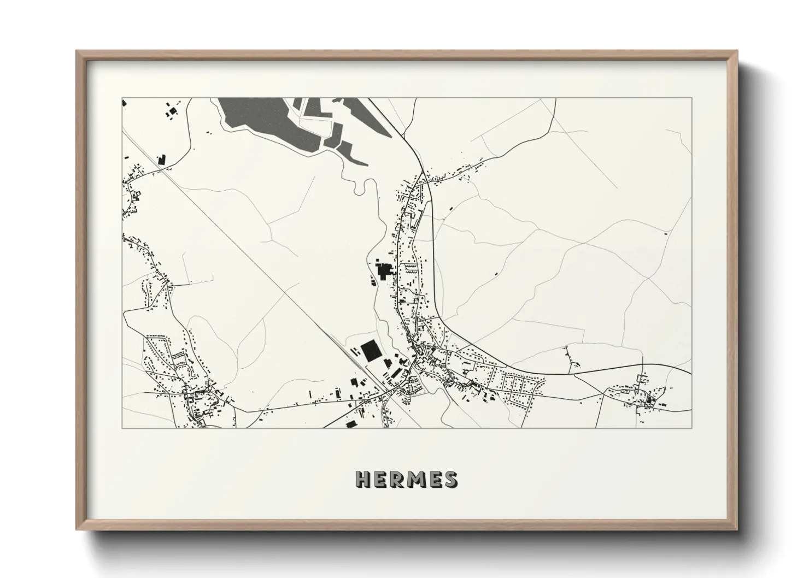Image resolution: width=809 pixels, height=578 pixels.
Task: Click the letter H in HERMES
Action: [362, 479]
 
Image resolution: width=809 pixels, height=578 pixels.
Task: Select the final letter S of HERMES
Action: [451, 479]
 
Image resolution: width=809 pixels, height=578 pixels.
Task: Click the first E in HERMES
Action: [379, 479]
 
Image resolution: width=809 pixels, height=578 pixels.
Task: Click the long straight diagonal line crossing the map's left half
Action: [246, 251]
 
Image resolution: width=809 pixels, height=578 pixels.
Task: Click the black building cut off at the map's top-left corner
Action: [125, 102]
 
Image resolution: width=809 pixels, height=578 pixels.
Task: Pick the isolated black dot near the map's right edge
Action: [665, 233]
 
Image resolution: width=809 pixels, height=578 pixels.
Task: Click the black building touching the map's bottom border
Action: [349, 423]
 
